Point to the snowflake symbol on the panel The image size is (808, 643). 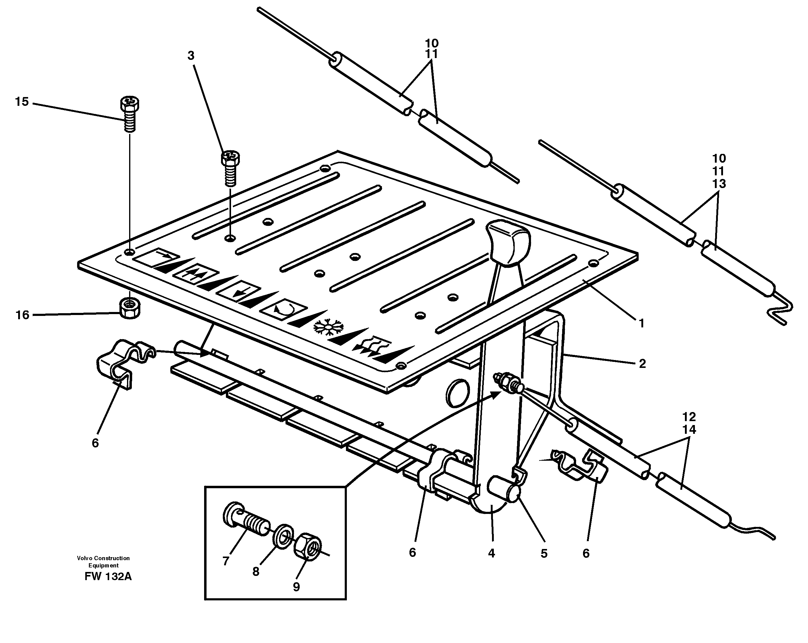(328, 327)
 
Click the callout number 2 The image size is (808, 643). (642, 363)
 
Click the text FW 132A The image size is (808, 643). (108, 576)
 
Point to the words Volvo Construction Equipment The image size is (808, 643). (103, 562)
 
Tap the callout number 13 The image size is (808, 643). (718, 183)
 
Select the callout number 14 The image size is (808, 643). (689, 429)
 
